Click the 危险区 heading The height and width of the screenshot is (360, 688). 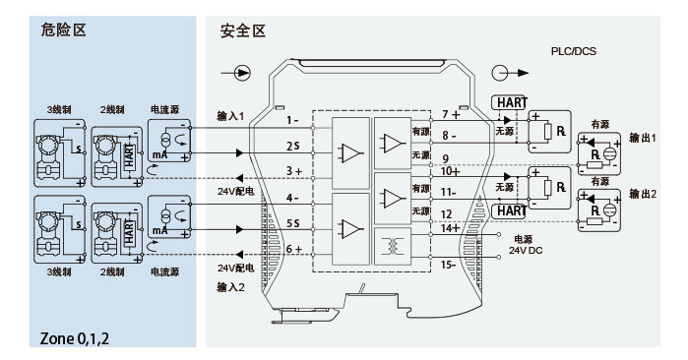pyautogui.click(x=63, y=30)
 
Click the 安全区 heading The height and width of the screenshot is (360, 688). pyautogui.click(x=243, y=31)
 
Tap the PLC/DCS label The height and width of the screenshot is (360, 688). pyautogui.click(x=574, y=51)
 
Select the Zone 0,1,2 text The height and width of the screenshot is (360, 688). pyautogui.click(x=75, y=338)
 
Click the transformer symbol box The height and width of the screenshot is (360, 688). pyautogui.click(x=393, y=246)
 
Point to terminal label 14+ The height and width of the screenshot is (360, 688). pyautogui.click(x=450, y=228)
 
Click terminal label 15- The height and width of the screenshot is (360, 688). pyautogui.click(x=448, y=265)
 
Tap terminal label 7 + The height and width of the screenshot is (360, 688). pyautogui.click(x=451, y=114)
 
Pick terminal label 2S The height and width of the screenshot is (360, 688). pyautogui.click(x=293, y=146)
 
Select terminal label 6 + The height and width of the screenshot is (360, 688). pyautogui.click(x=294, y=249)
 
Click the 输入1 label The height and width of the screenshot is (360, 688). pyautogui.click(x=230, y=116)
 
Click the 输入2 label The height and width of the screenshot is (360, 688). pyautogui.click(x=230, y=287)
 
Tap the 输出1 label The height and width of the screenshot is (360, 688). pyautogui.click(x=643, y=138)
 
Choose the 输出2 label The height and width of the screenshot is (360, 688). pyautogui.click(x=643, y=194)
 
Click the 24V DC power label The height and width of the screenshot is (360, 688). pyautogui.click(x=526, y=251)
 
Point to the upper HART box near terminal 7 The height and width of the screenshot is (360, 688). pyautogui.click(x=509, y=102)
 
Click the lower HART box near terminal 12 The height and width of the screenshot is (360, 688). pyautogui.click(x=509, y=211)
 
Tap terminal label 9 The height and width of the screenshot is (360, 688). pyautogui.click(x=445, y=158)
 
